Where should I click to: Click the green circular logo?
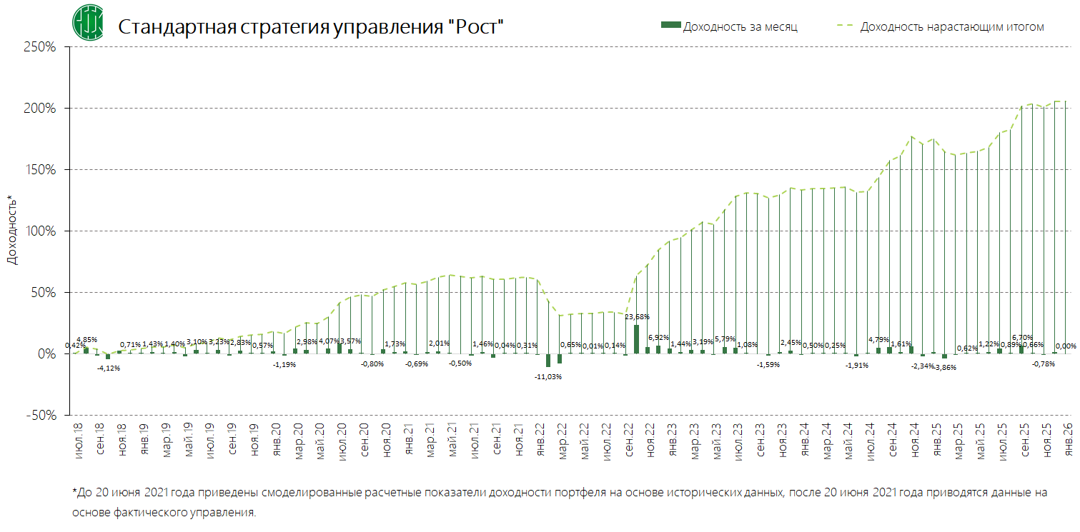click(87, 22)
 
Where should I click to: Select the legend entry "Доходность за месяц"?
click(739, 26)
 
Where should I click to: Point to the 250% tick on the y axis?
click(41, 47)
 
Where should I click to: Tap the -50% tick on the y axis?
click(41, 415)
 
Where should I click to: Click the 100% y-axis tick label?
click(41, 231)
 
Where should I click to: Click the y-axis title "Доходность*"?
click(11, 229)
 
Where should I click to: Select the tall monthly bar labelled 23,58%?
click(636, 338)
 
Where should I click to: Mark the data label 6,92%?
click(658, 336)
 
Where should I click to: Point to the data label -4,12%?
click(108, 368)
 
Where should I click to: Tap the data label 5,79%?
click(725, 338)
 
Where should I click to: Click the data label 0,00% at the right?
click(1066, 346)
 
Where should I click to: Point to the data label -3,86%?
click(945, 367)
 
